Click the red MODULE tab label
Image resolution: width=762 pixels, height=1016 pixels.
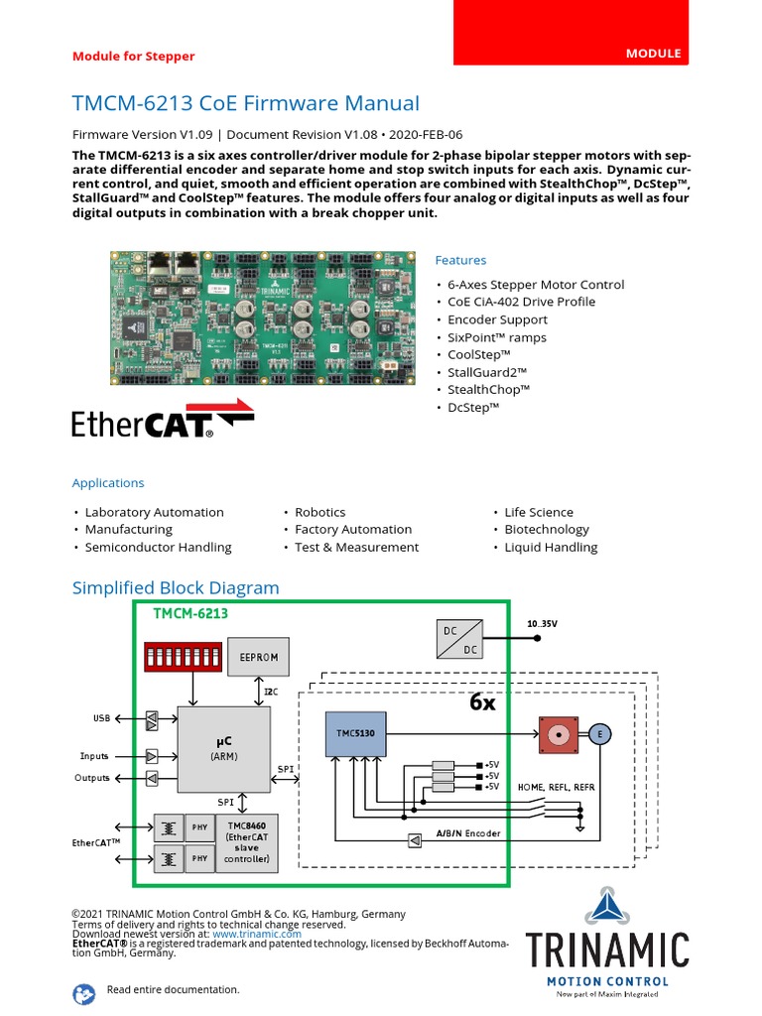pos(653,53)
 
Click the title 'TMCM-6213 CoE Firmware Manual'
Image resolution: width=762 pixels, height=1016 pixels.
pos(246,103)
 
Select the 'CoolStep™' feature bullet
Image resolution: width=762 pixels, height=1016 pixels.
pos(478,355)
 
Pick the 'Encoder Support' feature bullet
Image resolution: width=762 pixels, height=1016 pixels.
pos(497,319)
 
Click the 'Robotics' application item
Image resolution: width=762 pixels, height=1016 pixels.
pos(319,512)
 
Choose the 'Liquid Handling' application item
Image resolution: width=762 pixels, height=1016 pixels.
pos(551,547)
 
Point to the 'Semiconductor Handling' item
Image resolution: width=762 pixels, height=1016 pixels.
pos(158,547)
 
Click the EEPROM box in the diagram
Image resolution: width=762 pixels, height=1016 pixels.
pos(259,657)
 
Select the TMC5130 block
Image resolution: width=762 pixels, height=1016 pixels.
pos(355,733)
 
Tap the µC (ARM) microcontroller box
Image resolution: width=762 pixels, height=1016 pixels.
pos(223,747)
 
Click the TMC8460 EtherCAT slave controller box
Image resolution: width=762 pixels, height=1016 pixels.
pos(246,843)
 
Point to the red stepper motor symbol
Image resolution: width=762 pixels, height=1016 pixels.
pos(559,734)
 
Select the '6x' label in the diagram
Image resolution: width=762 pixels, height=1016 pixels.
pos(482,701)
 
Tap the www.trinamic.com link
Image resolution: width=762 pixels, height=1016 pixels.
pos(256,934)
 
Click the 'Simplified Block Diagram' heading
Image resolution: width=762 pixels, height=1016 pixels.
pos(176,587)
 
